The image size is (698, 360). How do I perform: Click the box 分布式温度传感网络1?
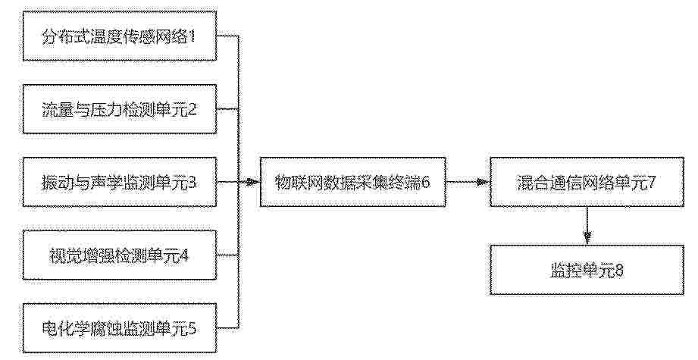coord(120,36)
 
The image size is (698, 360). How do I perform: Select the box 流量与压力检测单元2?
coord(120,109)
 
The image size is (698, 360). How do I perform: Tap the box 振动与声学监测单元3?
coord(120,182)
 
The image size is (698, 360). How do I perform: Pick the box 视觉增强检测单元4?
coord(120,255)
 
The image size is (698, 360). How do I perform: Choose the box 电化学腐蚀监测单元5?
coord(120,328)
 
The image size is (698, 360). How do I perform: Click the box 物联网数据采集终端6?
coord(353,182)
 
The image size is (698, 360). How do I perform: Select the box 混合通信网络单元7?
coord(587,182)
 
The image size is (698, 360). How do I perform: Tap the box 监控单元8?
coord(587,270)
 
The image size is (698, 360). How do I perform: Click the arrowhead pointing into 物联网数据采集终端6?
coord(254,182)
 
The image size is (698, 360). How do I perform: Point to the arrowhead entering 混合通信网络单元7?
coord(484,182)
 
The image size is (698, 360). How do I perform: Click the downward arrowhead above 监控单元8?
coord(587,239)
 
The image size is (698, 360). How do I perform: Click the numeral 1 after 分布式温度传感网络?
coord(192,36)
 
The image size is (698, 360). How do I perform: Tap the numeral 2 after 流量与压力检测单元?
coord(192,109)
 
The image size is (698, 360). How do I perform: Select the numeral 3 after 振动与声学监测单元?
coord(192,183)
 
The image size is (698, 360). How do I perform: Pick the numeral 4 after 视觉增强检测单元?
coord(184,255)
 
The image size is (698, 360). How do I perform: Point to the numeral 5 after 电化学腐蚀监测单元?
coord(192,328)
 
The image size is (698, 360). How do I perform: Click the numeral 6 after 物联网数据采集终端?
coord(426,183)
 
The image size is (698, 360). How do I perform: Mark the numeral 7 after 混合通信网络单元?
coord(651,183)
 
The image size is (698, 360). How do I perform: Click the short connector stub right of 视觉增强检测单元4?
coord(227,255)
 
